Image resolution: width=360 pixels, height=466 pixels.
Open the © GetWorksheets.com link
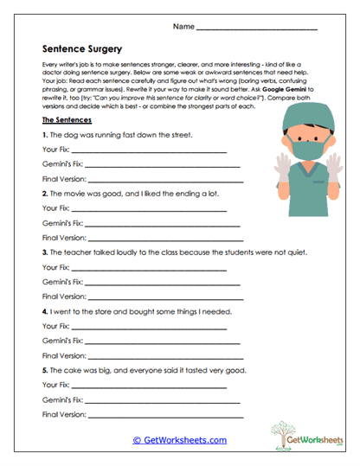tap(179, 439)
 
